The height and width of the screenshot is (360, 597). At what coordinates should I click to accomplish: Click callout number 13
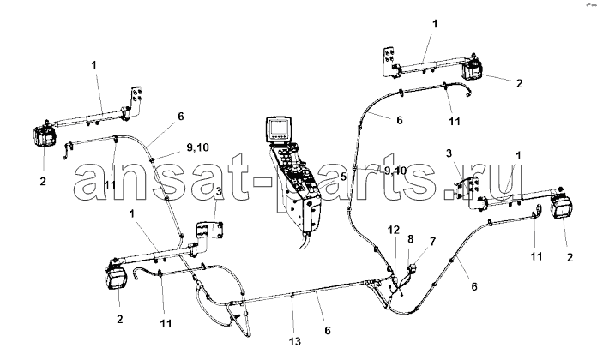click(295, 341)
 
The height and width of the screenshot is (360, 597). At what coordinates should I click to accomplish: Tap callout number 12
click(394, 230)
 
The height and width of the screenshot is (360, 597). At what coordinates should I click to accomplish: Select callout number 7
click(432, 241)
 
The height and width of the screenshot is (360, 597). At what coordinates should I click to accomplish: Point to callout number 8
click(410, 239)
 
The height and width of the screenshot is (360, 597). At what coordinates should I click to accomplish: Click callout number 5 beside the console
click(343, 177)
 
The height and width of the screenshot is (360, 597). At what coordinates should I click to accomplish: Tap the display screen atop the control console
click(280, 129)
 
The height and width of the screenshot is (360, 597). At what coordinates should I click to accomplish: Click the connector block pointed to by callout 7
click(410, 269)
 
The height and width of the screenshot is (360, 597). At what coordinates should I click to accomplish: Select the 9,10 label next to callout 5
click(395, 171)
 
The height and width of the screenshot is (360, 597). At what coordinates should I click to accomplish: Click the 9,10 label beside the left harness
click(197, 147)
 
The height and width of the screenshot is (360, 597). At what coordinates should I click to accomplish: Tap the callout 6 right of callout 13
click(328, 330)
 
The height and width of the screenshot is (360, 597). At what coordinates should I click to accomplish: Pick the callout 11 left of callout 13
click(166, 323)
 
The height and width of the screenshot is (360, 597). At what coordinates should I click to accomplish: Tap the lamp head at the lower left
click(116, 278)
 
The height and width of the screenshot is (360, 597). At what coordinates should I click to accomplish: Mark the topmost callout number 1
click(435, 24)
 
